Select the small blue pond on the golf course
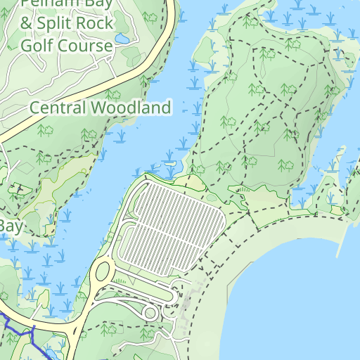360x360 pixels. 122,38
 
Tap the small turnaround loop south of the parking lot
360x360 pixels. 149,312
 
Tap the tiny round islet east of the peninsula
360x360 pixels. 350,81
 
